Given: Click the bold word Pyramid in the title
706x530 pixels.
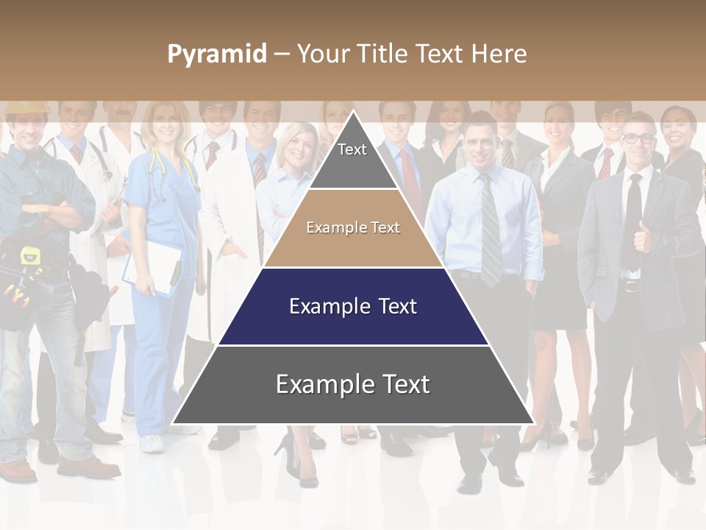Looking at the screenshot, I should point(216,54).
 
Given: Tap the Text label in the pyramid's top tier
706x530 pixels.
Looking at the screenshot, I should point(352,149).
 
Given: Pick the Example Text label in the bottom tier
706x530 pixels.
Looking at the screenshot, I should point(353,384).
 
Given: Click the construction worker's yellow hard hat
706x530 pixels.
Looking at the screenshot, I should point(25,107).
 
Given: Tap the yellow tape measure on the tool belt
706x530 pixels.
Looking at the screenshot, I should point(30,255).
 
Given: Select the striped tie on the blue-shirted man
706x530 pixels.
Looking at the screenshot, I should point(489,228).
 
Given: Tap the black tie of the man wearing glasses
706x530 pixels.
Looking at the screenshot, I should point(632,221).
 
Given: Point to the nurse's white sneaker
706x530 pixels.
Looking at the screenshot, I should point(151,443).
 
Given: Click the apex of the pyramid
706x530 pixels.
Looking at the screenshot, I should point(353,112).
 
